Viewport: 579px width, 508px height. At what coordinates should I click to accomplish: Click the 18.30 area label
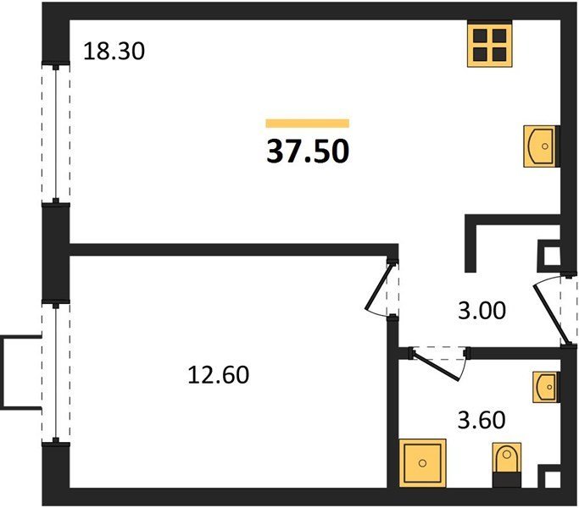click(114, 51)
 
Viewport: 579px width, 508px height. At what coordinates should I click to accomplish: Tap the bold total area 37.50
click(308, 152)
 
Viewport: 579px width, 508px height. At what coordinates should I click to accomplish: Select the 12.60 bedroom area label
click(218, 375)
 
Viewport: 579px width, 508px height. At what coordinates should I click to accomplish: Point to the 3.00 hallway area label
click(482, 310)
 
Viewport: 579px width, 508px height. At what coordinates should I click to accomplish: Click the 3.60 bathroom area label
click(482, 420)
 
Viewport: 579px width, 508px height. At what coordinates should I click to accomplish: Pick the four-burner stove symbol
click(490, 44)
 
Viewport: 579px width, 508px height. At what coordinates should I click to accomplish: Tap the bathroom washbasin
click(546, 387)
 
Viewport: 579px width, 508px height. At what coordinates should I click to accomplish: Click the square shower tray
click(422, 463)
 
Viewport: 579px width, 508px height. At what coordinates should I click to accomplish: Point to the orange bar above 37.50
click(308, 124)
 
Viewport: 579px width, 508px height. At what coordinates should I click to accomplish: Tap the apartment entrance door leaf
click(550, 316)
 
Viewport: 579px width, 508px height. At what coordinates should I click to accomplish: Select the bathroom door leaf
click(436, 367)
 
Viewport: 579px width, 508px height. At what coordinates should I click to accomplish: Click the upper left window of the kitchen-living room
click(56, 134)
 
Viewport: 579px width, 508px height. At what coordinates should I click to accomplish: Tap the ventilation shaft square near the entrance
click(552, 255)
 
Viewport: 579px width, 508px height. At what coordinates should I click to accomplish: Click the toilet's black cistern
click(507, 479)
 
